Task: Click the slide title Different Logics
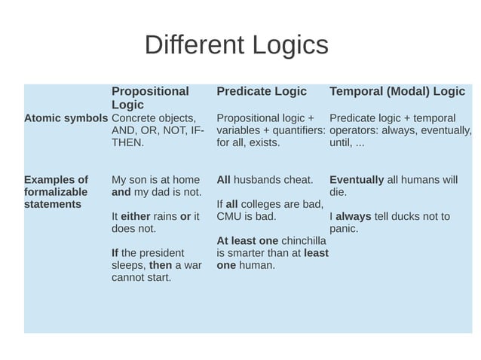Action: [x=236, y=45]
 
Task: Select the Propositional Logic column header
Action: [x=150, y=98]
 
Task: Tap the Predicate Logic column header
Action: [x=262, y=91]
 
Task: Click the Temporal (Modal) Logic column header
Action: [x=397, y=91]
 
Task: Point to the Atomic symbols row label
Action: [x=66, y=118]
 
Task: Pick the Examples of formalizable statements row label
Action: [x=56, y=192]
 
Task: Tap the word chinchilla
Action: [x=304, y=241]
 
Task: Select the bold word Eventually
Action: [x=357, y=180]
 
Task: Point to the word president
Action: [x=164, y=253]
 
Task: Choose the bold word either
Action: [x=136, y=216]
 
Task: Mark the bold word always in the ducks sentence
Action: [x=354, y=216]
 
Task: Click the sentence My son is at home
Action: [x=155, y=180]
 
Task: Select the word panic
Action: [x=344, y=228]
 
